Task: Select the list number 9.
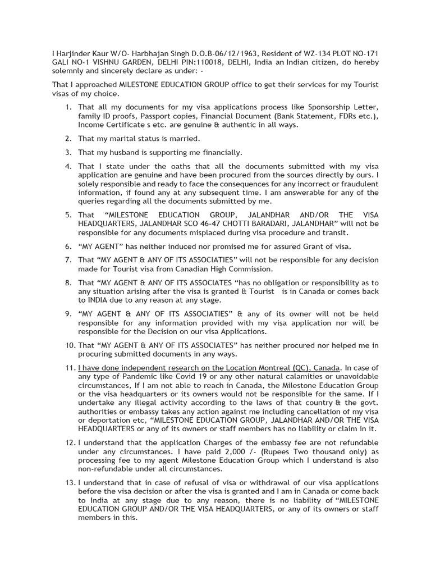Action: pos(68,313)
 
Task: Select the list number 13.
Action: pos(70,483)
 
